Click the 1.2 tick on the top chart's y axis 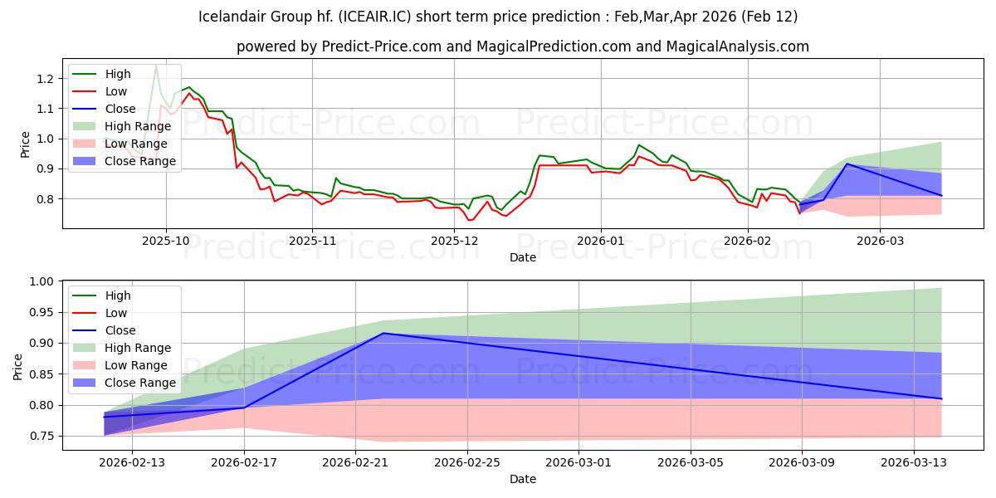point(46,78)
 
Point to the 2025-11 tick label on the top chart point(312,240)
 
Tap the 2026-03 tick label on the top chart point(880,240)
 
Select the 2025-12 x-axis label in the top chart point(456,240)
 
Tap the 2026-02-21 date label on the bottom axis point(355,461)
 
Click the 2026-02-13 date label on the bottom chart point(132,461)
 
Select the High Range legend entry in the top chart point(138,126)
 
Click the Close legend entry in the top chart point(120,109)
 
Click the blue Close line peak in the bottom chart point(383,333)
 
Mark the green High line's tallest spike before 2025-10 point(155,65)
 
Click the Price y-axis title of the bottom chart point(18,365)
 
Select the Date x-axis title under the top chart point(523,257)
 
